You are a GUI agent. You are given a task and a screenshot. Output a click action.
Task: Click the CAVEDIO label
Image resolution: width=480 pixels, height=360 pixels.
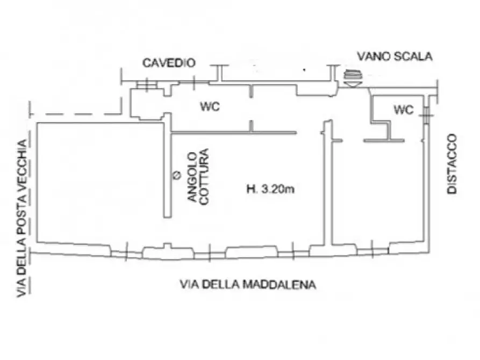point(168,63)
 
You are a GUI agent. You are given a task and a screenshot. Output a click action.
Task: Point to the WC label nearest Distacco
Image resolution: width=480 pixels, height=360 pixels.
point(404,110)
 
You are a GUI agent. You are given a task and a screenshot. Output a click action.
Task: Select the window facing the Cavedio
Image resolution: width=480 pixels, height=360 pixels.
point(145,85)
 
